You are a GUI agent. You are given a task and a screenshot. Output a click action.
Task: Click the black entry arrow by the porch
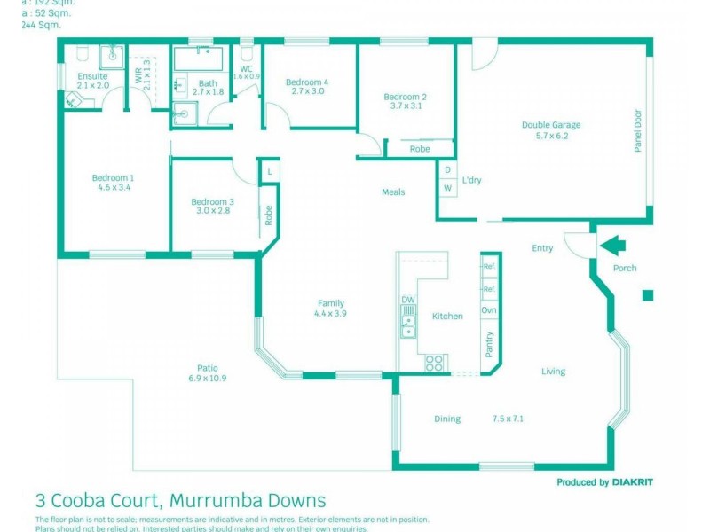(x=612, y=244)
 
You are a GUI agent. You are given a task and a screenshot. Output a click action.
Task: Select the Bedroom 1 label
(x=113, y=178)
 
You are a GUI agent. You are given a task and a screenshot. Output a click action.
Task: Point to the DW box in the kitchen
(x=408, y=300)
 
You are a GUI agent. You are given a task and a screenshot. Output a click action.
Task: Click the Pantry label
(x=489, y=344)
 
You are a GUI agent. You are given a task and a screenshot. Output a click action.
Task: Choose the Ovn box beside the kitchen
(x=489, y=310)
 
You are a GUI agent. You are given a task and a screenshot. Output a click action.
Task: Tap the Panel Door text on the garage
(x=637, y=130)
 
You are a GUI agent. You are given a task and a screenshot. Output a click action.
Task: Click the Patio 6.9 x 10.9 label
(x=208, y=373)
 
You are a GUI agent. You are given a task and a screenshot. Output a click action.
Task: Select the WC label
(x=247, y=68)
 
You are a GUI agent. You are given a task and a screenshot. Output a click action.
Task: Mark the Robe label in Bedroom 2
(x=420, y=149)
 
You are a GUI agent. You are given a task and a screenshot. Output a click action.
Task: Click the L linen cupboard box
(x=269, y=171)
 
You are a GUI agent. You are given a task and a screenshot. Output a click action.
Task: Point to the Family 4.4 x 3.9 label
(x=330, y=308)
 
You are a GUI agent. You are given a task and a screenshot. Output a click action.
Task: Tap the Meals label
(x=393, y=192)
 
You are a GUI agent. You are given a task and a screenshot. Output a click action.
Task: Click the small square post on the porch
(x=648, y=295)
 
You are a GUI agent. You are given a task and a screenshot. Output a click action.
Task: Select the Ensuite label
(x=92, y=77)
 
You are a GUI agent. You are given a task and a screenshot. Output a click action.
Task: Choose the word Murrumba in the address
(x=227, y=501)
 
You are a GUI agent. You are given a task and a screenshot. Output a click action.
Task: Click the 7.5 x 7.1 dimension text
(x=509, y=419)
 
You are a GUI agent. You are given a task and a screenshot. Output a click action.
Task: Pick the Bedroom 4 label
(x=307, y=82)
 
